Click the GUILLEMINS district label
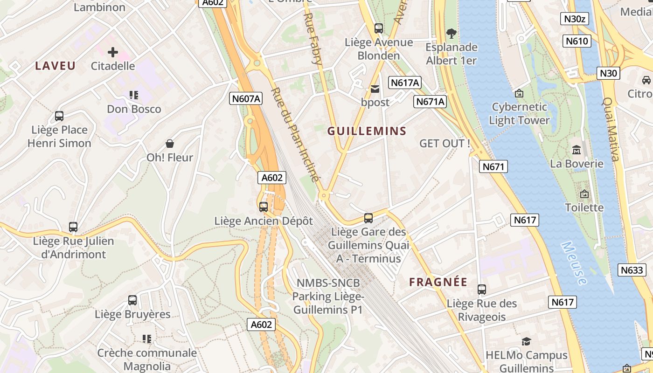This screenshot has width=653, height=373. pos(367,131)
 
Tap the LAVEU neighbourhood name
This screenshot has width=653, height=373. pos(55,66)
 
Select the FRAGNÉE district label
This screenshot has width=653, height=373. pos(438,282)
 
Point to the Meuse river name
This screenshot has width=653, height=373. pos(574,263)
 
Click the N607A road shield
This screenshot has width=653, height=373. pos(246,98)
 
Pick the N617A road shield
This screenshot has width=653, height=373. pos(405,83)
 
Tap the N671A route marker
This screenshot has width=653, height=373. pos(430,101)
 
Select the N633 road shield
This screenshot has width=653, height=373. pos(632,269)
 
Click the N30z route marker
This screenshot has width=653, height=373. pos(574,19)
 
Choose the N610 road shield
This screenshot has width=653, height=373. pos(577,41)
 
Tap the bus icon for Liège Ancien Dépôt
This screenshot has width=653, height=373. pos(264,207)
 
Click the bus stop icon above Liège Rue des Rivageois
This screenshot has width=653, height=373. pos(482,290)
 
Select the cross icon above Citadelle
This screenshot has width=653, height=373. pos(113,52)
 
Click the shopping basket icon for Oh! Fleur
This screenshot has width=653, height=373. pos(170,144)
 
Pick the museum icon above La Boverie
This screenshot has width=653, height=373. pos(577,150)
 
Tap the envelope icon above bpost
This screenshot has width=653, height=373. pos(375,89)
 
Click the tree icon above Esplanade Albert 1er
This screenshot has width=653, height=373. pos(451,34)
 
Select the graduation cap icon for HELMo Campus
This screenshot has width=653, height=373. pos(527,341)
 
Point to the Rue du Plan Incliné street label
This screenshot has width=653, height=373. pos(295,135)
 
